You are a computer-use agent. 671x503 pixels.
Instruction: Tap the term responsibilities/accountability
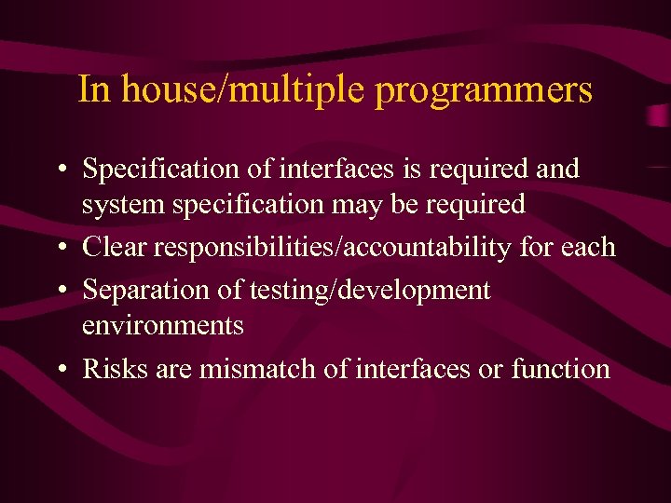332,248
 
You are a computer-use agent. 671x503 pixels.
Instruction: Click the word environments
163,326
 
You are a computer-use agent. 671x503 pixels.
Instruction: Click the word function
560,369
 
